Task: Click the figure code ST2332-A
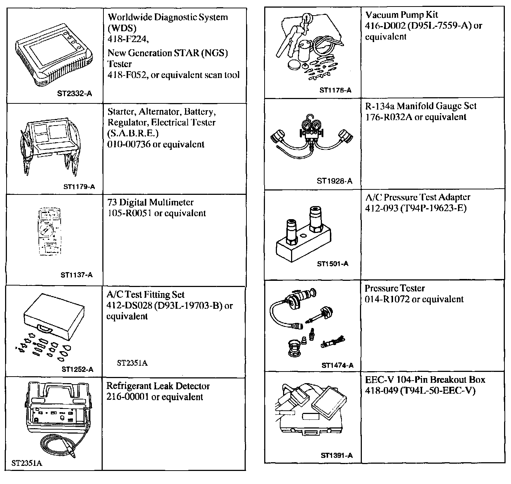coord(74,94)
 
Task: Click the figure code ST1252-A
coord(77,369)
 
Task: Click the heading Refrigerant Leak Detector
coord(158,386)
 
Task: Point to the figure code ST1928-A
coord(334,181)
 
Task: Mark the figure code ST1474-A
coord(337,365)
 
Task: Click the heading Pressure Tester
coord(395,288)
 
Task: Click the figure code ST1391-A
coord(336,455)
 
